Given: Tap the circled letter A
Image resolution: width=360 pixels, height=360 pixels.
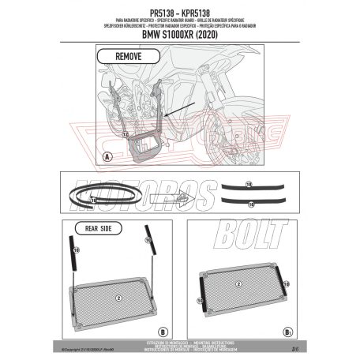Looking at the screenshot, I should pos(107,156).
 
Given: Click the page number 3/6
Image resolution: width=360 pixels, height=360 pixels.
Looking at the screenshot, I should pos(293,345).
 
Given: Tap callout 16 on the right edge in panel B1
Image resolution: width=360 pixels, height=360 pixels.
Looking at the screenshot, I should pos(287,280).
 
